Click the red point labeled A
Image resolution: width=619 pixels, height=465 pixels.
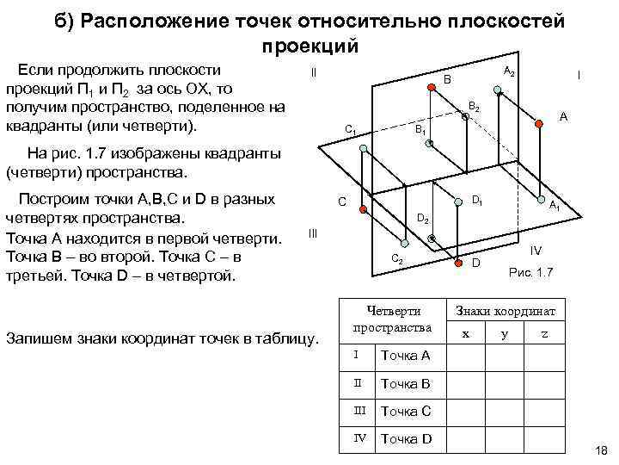pyautogui.click(x=539, y=125)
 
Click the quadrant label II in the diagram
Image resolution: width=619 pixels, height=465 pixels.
pyautogui.click(x=313, y=72)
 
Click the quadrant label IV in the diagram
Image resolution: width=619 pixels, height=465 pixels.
pyautogui.click(x=535, y=251)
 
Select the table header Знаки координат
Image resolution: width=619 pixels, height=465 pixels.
pyautogui.click(x=506, y=311)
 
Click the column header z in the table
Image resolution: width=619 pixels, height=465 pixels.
pyautogui.click(x=542, y=334)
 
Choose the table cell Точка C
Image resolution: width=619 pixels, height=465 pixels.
pyautogui.click(x=405, y=411)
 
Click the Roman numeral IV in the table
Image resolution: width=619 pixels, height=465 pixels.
pyautogui.click(x=361, y=438)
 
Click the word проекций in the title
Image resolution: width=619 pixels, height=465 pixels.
pyautogui.click(x=307, y=46)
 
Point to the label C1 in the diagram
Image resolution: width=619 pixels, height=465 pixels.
pyautogui.click(x=351, y=130)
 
